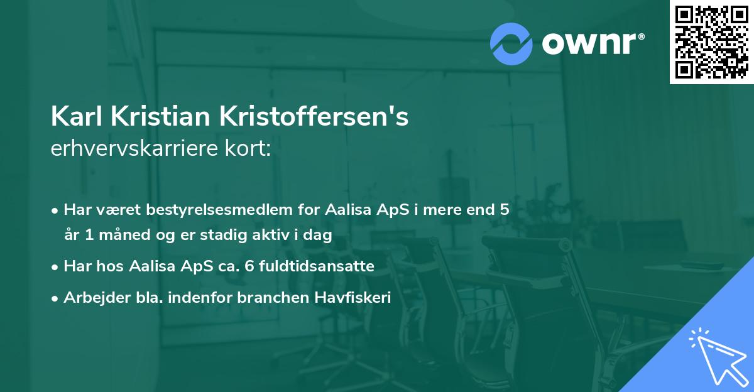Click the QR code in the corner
(711, 41)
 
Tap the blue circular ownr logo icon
(511, 44)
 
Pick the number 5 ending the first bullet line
(503, 210)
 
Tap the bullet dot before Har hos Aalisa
(56, 267)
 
